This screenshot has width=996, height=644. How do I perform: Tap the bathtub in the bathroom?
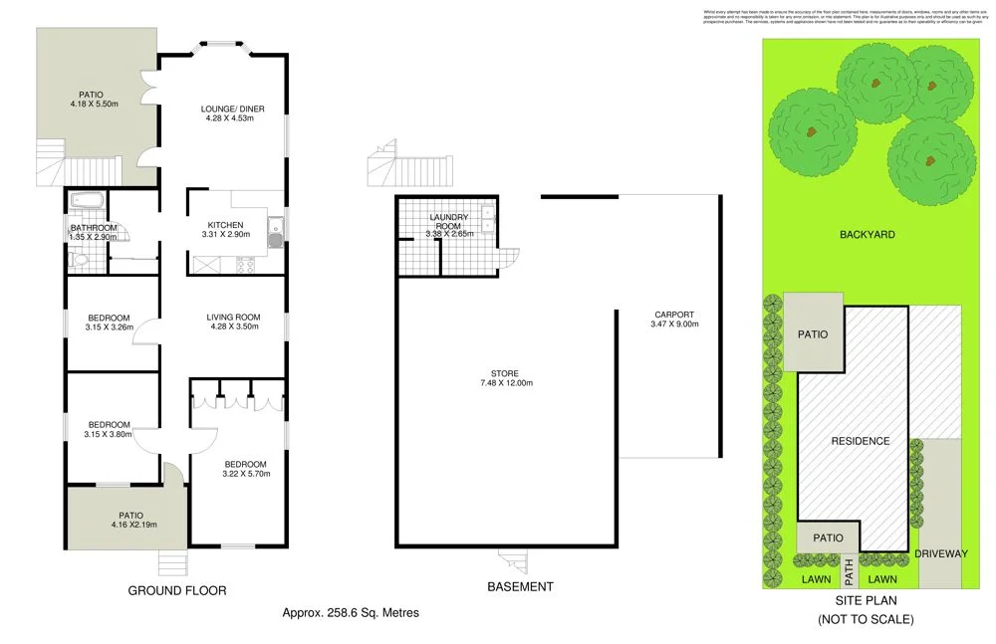click(88, 201)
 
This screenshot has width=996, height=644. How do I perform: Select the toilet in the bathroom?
click(80, 262)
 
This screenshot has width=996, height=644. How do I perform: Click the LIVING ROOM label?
click(234, 322)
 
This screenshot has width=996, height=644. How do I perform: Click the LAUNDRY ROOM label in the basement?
click(448, 224)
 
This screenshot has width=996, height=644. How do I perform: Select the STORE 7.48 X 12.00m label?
click(506, 379)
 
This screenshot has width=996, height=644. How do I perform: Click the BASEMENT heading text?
click(520, 587)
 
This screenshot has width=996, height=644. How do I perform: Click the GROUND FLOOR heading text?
click(177, 590)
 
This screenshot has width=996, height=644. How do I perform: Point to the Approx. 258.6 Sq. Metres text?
click(351, 613)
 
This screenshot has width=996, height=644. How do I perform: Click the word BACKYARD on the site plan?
click(868, 235)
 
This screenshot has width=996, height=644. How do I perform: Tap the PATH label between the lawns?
click(849, 572)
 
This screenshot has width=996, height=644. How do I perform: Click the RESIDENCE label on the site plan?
click(862, 440)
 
